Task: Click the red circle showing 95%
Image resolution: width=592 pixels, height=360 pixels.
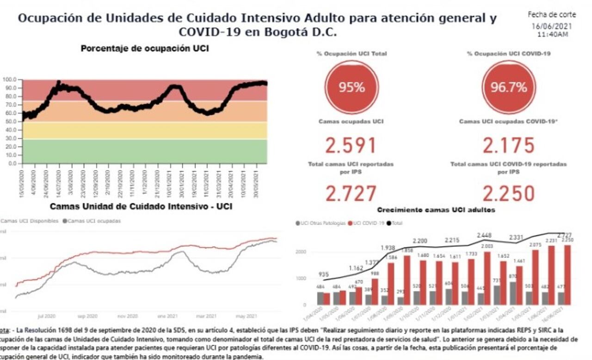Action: point(351,87)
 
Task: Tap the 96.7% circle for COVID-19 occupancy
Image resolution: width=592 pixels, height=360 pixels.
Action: point(509,87)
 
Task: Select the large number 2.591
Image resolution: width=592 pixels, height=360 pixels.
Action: point(351,145)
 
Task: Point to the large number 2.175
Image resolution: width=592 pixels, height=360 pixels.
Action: point(509,145)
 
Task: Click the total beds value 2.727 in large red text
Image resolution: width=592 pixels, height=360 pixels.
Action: point(351,193)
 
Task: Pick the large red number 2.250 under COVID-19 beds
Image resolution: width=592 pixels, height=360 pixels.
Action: point(509,193)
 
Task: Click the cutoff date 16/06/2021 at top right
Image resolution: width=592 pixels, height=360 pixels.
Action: point(551,26)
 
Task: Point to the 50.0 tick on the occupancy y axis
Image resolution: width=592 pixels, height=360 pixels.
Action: point(12,122)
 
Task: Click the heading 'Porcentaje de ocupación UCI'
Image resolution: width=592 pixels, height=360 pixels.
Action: point(144,49)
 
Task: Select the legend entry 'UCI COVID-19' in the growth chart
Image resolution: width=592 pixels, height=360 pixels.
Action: point(368,223)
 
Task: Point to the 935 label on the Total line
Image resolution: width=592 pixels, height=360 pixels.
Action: point(324,274)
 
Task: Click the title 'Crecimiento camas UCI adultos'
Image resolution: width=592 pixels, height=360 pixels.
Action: point(436,210)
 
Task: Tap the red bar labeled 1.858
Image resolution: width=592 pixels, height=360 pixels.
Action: point(407,280)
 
